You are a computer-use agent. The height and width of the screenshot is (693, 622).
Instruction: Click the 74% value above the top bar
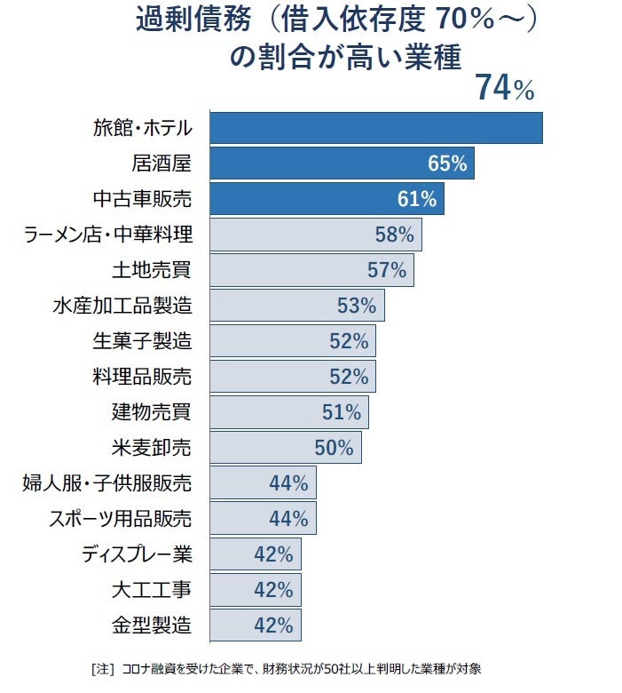[504, 89]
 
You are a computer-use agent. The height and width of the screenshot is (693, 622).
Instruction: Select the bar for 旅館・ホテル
[375, 128]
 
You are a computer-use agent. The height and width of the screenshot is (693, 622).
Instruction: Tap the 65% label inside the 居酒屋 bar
[446, 163]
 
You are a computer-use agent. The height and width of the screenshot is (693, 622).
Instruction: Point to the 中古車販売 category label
[142, 199]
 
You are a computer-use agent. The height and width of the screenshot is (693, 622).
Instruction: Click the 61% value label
[416, 199]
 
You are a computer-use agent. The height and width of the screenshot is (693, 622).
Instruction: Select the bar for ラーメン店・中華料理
[315, 235]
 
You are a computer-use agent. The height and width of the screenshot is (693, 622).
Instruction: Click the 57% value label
[386, 270]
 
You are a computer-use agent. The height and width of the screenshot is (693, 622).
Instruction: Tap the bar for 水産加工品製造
[296, 306]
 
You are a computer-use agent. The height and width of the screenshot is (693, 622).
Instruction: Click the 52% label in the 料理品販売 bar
[348, 376]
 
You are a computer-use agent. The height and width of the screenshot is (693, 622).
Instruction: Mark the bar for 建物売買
[288, 412]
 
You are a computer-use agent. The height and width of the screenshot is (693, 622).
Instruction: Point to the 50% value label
[334, 447]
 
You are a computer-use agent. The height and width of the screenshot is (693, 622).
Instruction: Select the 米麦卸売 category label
[153, 447]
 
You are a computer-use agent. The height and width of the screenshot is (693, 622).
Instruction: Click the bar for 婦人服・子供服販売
[263, 483]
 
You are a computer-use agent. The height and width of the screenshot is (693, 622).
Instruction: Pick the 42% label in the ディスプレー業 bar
[273, 554]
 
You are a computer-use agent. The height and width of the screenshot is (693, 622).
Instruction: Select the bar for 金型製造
[255, 625]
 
